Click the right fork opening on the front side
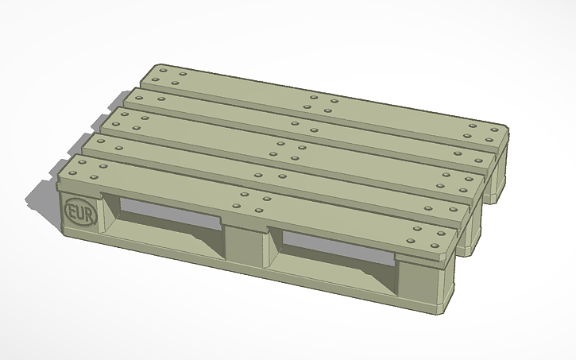point(338,246)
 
